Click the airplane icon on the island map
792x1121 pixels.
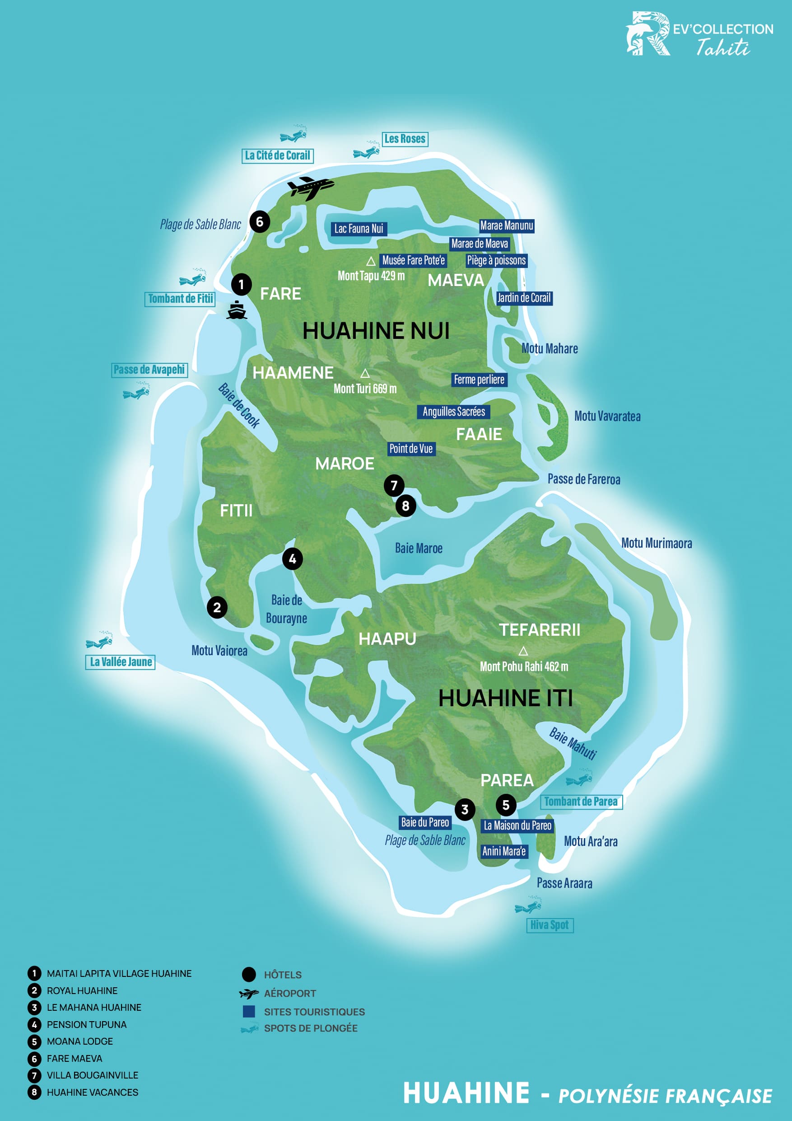[310, 188]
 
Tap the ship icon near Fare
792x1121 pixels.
[237, 310]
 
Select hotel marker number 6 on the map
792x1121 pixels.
[260, 222]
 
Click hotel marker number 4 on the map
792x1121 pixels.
[292, 558]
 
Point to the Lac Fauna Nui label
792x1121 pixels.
[359, 229]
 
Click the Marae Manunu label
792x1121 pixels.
[507, 225]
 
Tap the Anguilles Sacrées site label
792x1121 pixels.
[453, 412]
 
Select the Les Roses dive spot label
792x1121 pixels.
[405, 139]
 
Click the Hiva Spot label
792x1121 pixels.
[550, 925]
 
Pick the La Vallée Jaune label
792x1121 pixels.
[121, 662]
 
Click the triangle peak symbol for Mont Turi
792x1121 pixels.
[364, 374]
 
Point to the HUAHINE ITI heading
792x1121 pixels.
[505, 698]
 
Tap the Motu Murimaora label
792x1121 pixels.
[657, 543]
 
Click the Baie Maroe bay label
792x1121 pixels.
[419, 548]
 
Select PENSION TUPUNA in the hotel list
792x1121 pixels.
[86, 1024]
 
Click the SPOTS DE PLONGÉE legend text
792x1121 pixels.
[310, 1028]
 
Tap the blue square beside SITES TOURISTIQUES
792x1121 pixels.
[249, 1011]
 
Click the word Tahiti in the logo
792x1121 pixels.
[723, 48]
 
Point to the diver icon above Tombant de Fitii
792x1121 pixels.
[193, 278]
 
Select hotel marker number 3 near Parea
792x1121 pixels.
[465, 810]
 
